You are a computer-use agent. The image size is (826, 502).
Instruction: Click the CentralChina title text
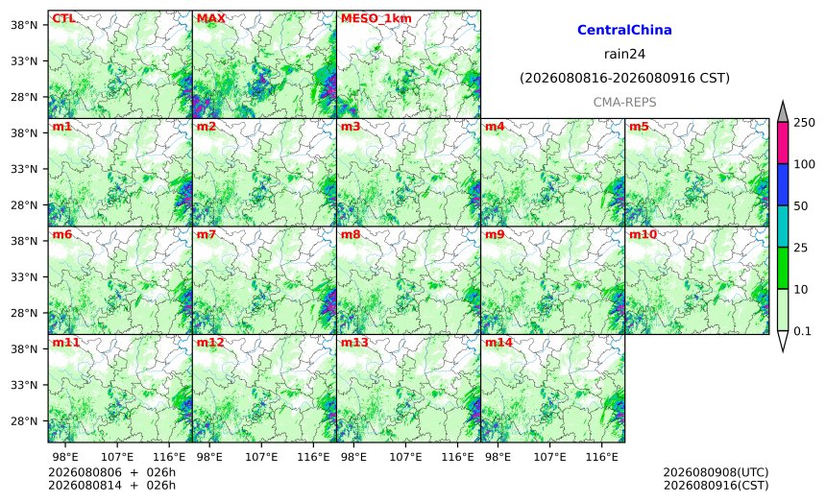624,30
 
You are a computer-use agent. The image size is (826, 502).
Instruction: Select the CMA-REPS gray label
624,102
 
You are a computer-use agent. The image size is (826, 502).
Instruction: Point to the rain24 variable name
624,54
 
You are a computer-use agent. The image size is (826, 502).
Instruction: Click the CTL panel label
63,18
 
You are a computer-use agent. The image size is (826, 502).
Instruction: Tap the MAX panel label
210,18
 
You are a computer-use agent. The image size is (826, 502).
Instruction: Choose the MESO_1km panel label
377,18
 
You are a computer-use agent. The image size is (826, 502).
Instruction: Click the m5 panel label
639,127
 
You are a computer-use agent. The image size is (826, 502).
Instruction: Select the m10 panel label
643,234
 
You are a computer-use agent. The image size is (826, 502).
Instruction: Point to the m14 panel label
498,343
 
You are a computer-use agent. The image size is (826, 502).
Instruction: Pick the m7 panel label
206,234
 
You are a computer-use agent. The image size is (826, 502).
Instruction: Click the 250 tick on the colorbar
805,123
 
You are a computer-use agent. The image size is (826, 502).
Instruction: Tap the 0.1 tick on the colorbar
802,331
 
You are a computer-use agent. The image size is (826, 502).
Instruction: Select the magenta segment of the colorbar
783,143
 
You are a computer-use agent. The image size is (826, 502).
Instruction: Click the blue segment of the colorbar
783,184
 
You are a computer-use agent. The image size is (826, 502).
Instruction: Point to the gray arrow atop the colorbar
783,112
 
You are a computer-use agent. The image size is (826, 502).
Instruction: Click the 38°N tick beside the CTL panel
24,25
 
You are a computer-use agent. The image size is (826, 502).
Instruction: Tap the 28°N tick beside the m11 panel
24,421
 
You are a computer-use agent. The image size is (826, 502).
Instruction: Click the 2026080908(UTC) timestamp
716,472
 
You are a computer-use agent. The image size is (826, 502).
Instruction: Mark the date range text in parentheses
624,79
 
